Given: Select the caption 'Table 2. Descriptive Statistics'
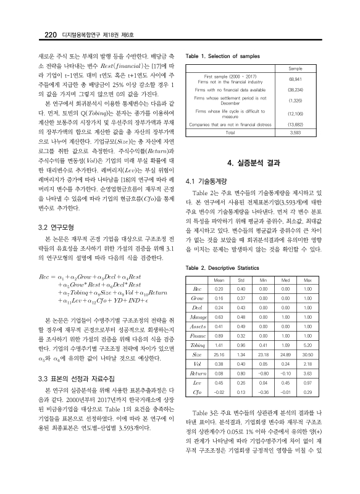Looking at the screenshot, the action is point(221,269).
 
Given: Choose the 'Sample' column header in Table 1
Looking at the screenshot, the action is point(295,69).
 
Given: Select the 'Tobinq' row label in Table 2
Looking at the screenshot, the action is point(198,346).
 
